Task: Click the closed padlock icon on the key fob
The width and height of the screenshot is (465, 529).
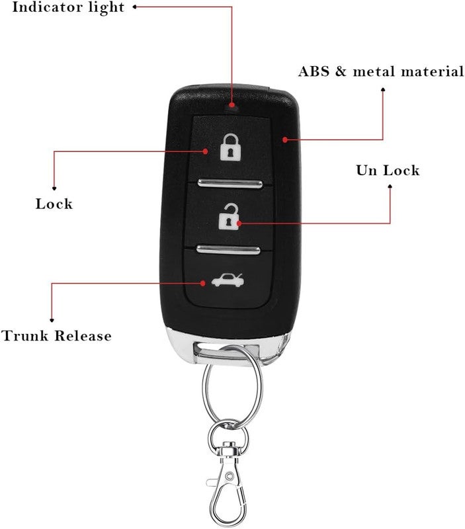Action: (230, 147)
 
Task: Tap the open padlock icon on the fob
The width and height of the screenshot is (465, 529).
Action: (229, 217)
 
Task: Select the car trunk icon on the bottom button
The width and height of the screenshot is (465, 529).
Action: (228, 280)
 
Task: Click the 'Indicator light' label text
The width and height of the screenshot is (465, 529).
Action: (68, 7)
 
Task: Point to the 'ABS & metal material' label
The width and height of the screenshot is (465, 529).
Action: (381, 71)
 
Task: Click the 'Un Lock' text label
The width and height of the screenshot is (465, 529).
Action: (388, 170)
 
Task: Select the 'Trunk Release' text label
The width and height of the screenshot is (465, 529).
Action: (56, 336)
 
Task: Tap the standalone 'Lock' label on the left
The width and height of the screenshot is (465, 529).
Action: (54, 204)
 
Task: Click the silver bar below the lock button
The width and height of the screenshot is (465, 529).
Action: (230, 184)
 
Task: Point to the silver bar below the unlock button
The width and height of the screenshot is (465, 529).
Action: (228, 250)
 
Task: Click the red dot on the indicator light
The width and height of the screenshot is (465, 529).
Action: (232, 105)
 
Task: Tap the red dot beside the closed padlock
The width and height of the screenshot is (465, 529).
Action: (205, 151)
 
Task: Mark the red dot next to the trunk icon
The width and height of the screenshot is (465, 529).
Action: (203, 283)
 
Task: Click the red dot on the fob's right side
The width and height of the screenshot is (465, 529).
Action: (285, 140)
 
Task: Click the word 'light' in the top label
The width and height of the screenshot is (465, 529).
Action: (106, 8)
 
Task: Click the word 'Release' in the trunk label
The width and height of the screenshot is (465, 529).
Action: (83, 336)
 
